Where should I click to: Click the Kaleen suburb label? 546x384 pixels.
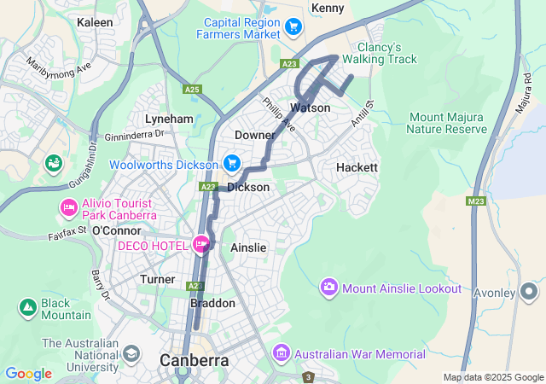pos(95,21)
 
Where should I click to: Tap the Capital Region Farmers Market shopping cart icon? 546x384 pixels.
pos(293,27)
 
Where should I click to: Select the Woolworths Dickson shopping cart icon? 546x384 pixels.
pos(231,162)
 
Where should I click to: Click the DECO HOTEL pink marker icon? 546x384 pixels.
pos(202,244)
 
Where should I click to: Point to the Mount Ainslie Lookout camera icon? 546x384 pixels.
pos(329,288)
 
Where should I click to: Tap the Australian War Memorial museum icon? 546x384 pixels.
pos(281,352)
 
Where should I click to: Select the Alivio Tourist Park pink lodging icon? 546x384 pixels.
pos(67,207)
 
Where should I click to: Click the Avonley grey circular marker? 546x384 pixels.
pos(530,293)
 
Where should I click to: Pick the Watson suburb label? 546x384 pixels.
pos(310,108)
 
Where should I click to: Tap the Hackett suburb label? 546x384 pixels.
pos(357,167)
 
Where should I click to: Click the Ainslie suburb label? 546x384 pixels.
pos(248,247)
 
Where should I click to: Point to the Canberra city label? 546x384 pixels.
pos(195,361)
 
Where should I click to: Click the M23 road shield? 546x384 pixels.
pos(476,201)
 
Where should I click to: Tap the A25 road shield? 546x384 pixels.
pos(192,89)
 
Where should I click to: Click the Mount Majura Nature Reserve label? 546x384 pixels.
pos(446,123)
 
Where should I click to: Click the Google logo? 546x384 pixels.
pos(29,373)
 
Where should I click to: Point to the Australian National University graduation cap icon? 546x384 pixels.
pos(131,352)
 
